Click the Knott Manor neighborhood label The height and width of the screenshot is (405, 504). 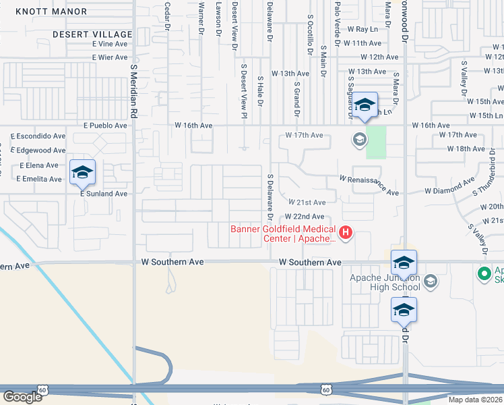[51, 11]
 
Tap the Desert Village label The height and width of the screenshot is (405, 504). [94, 34]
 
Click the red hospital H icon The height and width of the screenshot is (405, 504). [346, 234]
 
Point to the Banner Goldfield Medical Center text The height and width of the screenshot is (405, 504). [283, 234]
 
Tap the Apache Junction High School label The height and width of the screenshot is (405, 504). [385, 283]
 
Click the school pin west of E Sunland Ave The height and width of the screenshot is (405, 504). [82, 173]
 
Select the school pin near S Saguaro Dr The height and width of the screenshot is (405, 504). [365, 105]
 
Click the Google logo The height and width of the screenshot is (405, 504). [22, 396]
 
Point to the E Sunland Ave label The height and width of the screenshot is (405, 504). [104, 194]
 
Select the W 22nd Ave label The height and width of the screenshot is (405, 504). [305, 217]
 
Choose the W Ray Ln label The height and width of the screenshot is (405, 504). [363, 30]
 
